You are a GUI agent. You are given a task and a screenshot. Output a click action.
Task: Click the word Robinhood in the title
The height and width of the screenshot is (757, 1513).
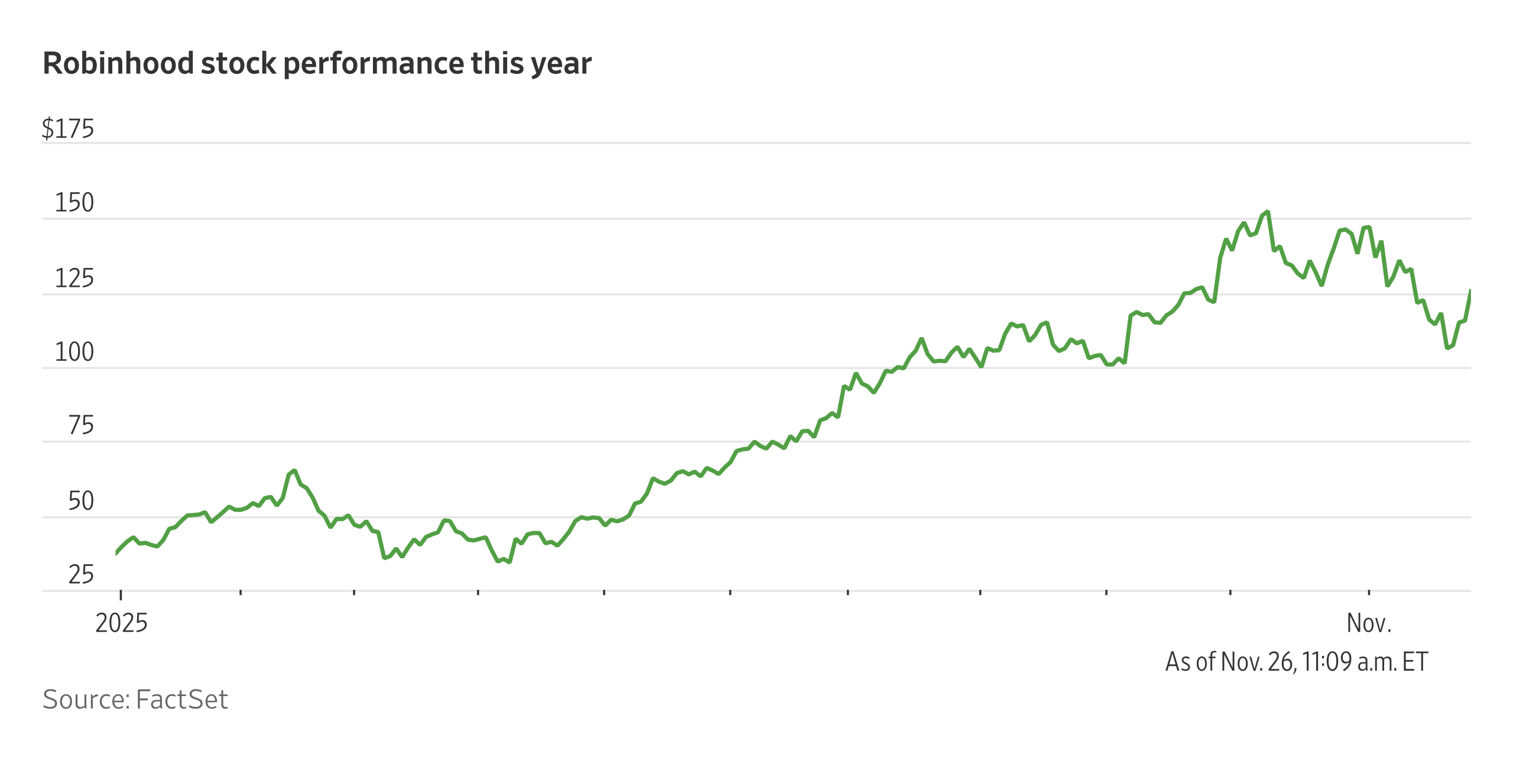tap(118, 63)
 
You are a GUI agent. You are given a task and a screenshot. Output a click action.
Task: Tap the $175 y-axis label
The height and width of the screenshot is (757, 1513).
tap(68, 129)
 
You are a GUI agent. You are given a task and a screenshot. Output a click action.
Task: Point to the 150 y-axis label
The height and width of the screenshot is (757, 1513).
tap(74, 203)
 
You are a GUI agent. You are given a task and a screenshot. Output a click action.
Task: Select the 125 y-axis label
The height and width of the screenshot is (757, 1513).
tap(74, 278)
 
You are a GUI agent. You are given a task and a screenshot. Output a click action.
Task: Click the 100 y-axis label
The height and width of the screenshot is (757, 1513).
tap(74, 352)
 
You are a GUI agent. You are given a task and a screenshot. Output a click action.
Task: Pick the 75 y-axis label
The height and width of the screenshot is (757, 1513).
tap(81, 426)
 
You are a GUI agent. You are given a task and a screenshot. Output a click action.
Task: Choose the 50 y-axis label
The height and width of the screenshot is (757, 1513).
tap(81, 501)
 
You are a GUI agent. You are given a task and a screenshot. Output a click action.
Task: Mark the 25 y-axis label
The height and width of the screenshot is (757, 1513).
tap(81, 574)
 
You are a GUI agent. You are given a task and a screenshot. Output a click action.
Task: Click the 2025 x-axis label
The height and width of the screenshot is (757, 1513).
tap(121, 623)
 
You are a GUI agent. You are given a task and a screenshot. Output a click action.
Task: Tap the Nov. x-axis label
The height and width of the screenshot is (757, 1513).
tap(1369, 623)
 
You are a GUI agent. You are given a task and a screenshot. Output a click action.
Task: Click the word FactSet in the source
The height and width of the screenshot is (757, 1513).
tap(181, 700)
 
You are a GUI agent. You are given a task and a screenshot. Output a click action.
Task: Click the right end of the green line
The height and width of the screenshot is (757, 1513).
tap(1470, 291)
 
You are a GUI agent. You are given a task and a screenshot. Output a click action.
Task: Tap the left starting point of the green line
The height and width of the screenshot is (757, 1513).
tap(116, 554)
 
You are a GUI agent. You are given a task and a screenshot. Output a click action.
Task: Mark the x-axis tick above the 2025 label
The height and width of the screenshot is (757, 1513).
tap(121, 594)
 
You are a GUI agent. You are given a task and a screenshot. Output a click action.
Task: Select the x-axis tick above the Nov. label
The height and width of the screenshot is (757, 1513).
tap(1369, 592)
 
